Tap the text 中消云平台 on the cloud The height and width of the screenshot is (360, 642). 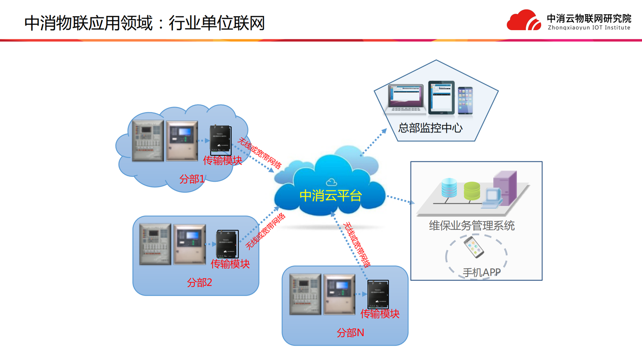point(330,196)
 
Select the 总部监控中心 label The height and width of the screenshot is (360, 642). point(430,128)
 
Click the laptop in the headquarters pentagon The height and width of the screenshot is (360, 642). point(406,98)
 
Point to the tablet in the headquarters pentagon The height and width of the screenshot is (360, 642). point(441,97)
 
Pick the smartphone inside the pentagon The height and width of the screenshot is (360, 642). point(465,101)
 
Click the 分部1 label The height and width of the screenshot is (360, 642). point(192,179)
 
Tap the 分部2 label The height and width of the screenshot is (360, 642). point(199,283)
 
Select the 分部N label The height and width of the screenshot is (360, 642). point(350,333)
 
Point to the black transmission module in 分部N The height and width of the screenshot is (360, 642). point(378,294)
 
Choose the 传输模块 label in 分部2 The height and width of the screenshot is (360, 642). point(230,264)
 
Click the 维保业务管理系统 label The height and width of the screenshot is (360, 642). point(472,226)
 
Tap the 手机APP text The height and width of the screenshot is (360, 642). point(481,273)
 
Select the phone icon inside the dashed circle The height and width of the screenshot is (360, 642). point(474,247)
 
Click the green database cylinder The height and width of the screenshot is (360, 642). point(472,191)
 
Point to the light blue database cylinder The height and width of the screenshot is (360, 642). point(449,188)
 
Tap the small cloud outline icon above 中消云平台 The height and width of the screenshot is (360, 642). point(331,182)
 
